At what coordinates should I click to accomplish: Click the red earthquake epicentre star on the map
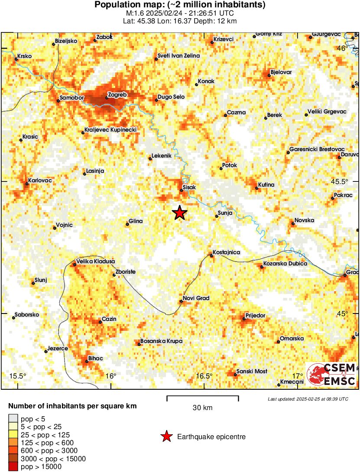pyautogui.click(x=179, y=213)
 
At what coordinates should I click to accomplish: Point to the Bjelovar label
pyautogui.click(x=281, y=72)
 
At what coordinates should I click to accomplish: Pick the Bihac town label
pyautogui.click(x=95, y=359)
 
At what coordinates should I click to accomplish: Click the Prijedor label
pyautogui.click(x=255, y=316)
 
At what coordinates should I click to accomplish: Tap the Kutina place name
pyautogui.click(x=266, y=185)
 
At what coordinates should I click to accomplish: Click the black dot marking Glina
pyautogui.click(x=127, y=224)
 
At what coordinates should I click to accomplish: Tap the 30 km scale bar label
pyautogui.click(x=202, y=407)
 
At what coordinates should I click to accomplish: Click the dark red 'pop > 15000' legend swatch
pyautogui.click(x=13, y=467)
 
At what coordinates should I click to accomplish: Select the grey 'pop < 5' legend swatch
pyautogui.click(x=13, y=418)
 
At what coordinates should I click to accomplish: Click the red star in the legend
pyautogui.click(x=166, y=437)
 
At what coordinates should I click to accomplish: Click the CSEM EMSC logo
pyautogui.click(x=331, y=375)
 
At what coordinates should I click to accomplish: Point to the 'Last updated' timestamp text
pyautogui.click(x=308, y=399)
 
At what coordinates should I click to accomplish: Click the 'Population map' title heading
pyautogui.click(x=180, y=5)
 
